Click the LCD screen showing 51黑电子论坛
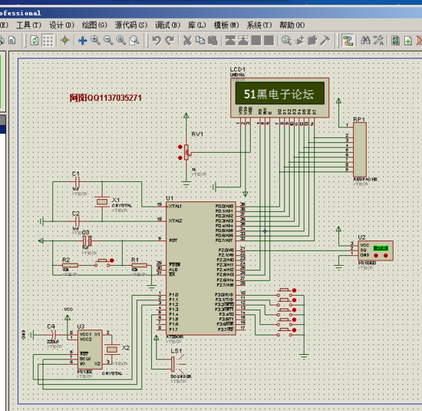[x=279, y=94]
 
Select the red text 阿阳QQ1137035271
[x=105, y=98]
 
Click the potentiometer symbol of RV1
[x=186, y=151]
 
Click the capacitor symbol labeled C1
[x=76, y=182]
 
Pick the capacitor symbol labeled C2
[x=76, y=222]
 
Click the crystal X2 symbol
[x=114, y=349]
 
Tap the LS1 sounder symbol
[x=178, y=363]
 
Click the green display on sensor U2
[x=381, y=249]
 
